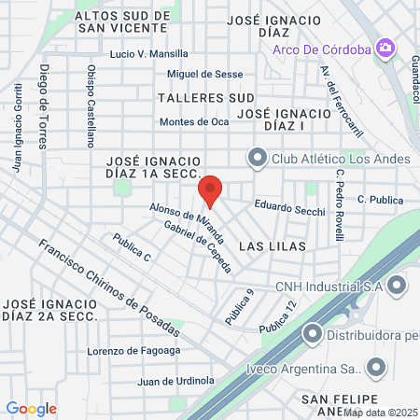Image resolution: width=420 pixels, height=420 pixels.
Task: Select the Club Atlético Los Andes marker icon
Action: coord(257,159)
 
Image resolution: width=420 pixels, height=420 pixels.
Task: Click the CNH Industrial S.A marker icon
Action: coord(397,286)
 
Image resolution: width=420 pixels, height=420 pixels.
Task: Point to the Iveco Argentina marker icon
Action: coord(376,366)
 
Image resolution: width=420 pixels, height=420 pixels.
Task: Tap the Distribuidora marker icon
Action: coord(313,331)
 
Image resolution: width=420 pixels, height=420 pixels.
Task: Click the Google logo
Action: coord(31,408)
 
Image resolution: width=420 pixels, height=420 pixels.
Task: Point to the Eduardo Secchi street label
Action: coord(290,209)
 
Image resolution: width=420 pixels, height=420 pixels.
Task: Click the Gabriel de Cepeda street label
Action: coord(199,245)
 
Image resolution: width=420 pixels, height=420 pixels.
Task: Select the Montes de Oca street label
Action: coord(194,121)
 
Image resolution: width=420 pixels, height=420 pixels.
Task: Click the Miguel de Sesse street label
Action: coord(204,74)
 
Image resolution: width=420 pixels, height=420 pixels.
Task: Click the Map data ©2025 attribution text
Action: coord(380,413)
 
